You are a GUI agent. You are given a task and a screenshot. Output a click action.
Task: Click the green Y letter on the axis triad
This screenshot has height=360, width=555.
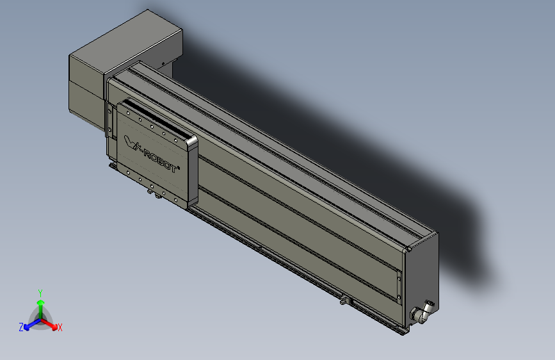(40, 291)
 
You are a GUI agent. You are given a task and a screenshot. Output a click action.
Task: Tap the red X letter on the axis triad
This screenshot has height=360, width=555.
(60, 328)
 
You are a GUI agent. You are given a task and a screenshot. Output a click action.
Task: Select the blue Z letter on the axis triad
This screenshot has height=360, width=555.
(20, 327)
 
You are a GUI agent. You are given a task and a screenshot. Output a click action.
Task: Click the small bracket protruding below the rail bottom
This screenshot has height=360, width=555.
(345, 299)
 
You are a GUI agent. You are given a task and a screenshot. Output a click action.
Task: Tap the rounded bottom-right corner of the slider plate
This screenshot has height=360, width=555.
(189, 204)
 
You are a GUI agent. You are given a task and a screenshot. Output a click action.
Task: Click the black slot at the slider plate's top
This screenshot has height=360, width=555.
(154, 115)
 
